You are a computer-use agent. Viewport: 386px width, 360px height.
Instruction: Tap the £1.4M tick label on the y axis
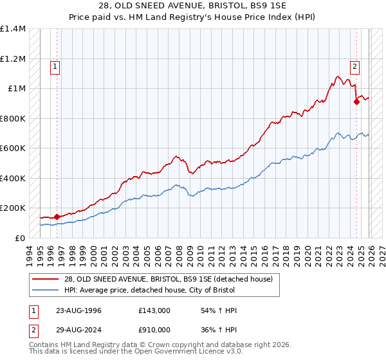pos(13,29)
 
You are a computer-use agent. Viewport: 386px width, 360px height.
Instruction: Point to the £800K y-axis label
pos(13,118)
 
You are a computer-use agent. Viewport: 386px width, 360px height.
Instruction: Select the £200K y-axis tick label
pos(13,208)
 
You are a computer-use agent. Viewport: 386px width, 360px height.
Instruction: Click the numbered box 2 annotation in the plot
pos(354,65)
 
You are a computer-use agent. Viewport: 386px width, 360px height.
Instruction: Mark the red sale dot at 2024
pos(356,102)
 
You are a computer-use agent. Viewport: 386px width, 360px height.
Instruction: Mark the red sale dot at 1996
pos(57,217)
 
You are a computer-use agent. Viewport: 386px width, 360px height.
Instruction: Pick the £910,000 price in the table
pos(154,330)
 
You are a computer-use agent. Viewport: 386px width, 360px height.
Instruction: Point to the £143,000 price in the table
pos(154,310)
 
